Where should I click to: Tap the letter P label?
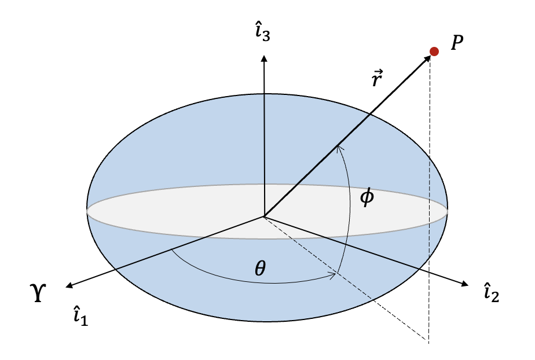pos(457,44)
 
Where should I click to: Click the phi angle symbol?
pos(367,197)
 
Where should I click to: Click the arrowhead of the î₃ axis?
pos(264,57)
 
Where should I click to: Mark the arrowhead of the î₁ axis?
pos(69,285)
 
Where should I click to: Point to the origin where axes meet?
pos(264,217)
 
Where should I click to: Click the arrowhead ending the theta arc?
pos(334,274)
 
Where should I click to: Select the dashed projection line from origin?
pos(347,278)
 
